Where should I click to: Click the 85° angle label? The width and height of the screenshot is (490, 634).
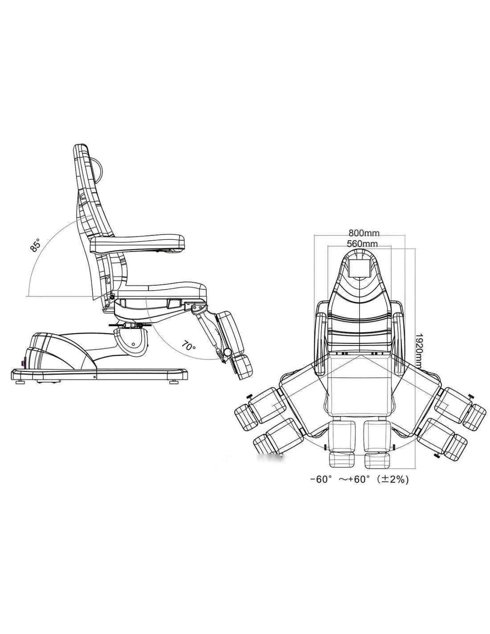coord(36,244)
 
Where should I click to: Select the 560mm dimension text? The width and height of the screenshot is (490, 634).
coord(362,243)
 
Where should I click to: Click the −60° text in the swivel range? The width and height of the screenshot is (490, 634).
coord(320,480)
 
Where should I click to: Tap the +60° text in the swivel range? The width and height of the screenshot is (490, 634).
coord(359,480)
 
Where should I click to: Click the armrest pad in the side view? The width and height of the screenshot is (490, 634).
coord(137,244)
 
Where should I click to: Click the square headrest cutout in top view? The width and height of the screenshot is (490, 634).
coord(360,268)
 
